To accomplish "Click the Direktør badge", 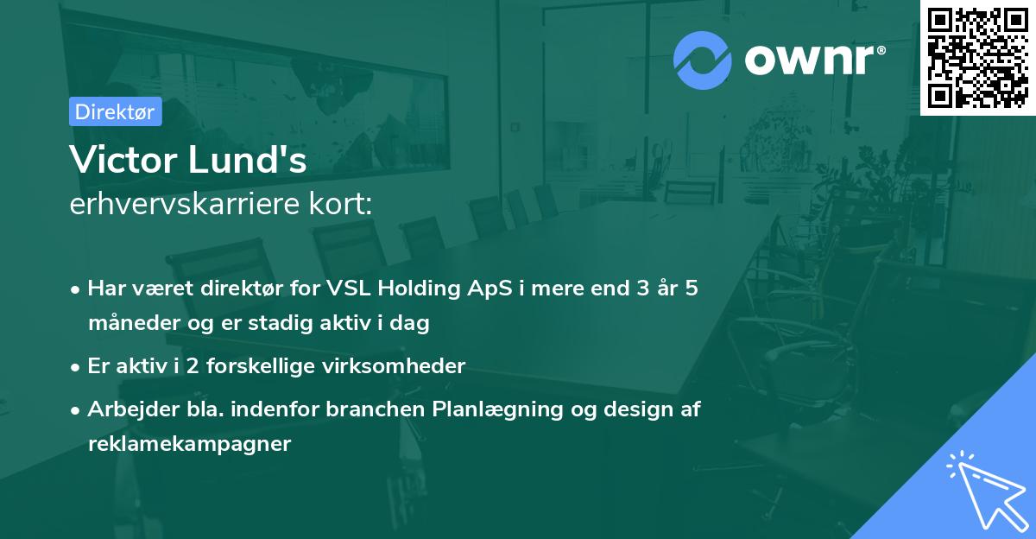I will (x=115, y=111).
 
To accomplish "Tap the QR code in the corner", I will (x=978, y=58).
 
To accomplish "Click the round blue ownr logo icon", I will (x=703, y=60).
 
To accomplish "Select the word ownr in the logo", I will (x=814, y=60).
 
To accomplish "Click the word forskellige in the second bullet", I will (x=265, y=366).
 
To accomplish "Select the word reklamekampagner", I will (x=189, y=444).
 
